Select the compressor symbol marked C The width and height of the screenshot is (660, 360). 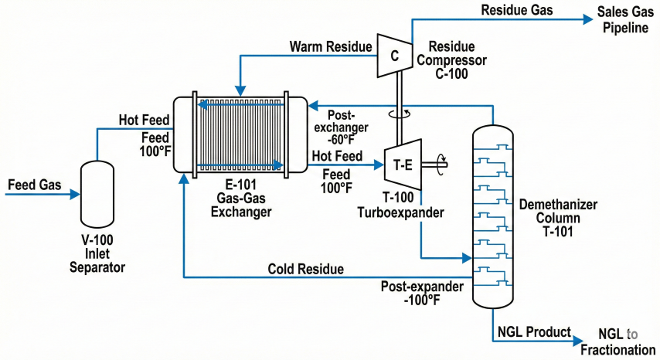393,56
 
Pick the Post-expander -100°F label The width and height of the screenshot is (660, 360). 422,293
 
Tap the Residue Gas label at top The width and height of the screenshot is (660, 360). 515,11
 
